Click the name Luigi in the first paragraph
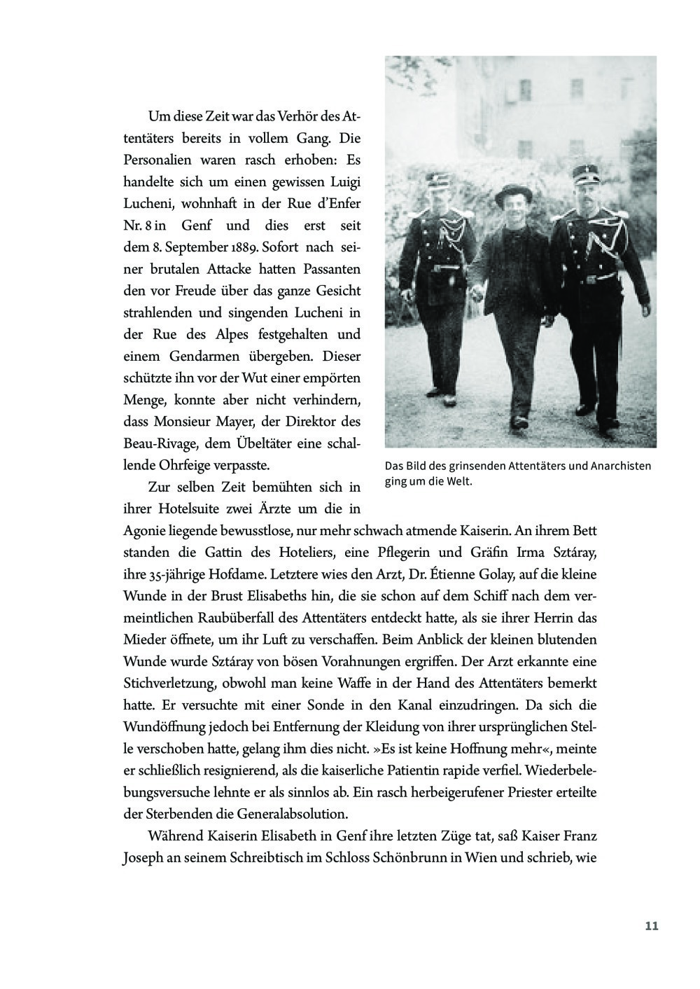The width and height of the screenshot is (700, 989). pyautogui.click(x=344, y=183)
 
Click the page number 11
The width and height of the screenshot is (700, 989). pyautogui.click(x=652, y=926)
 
